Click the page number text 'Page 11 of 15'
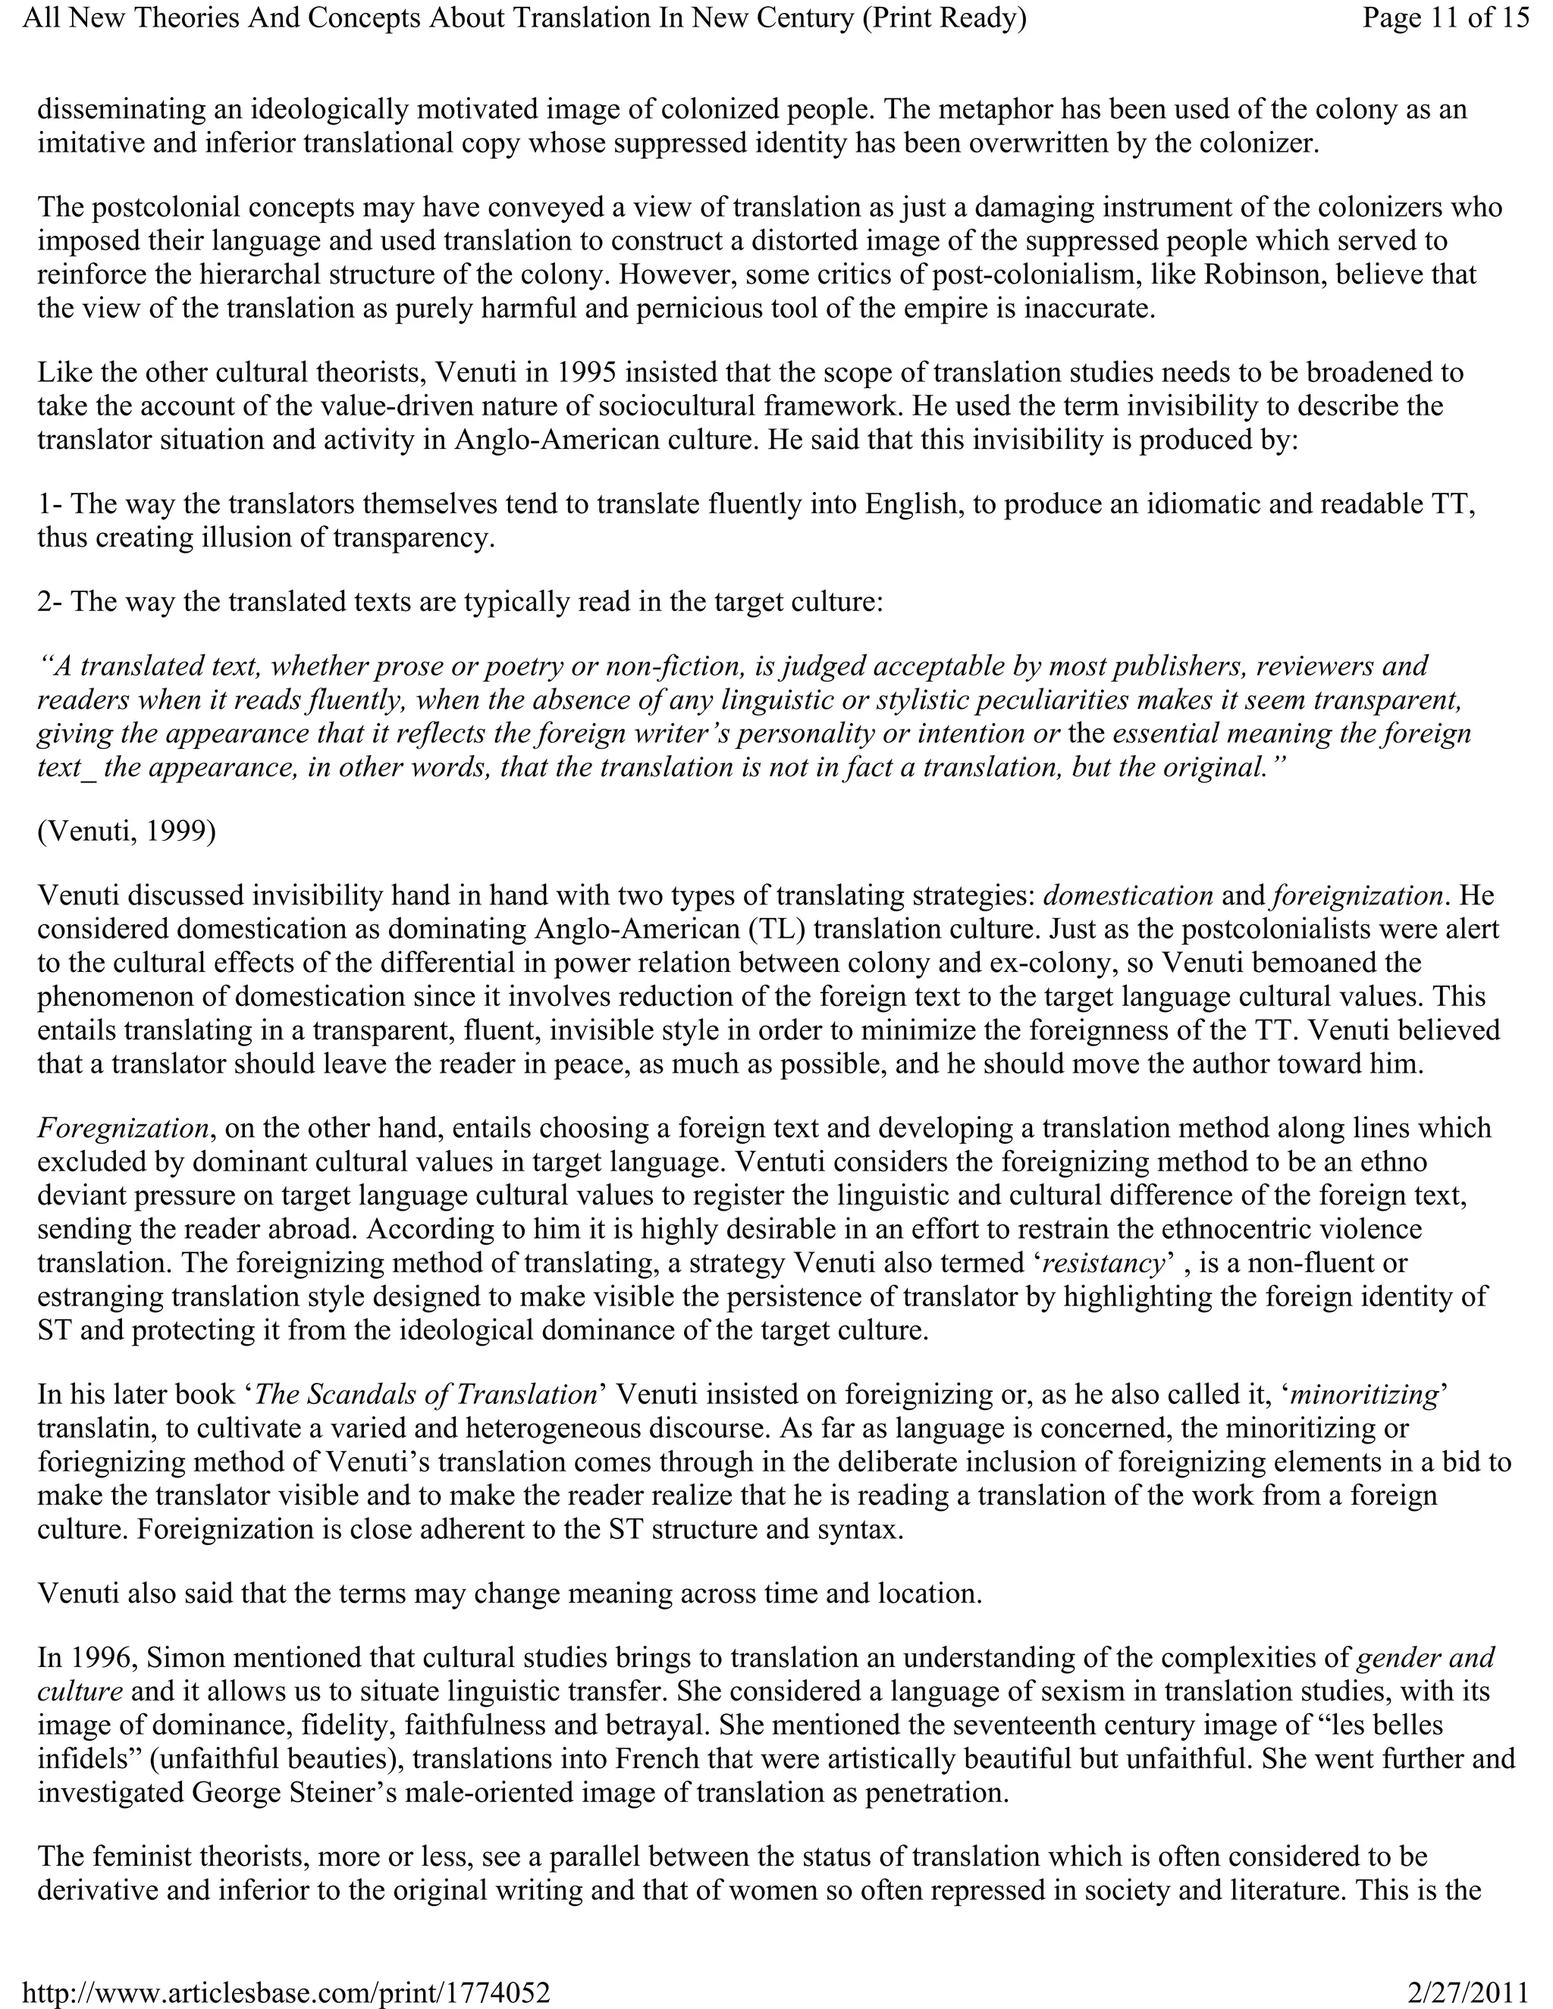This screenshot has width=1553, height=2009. point(1445,18)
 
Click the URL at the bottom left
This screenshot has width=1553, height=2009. point(286,1992)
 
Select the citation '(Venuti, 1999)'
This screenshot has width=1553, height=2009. point(127,831)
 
